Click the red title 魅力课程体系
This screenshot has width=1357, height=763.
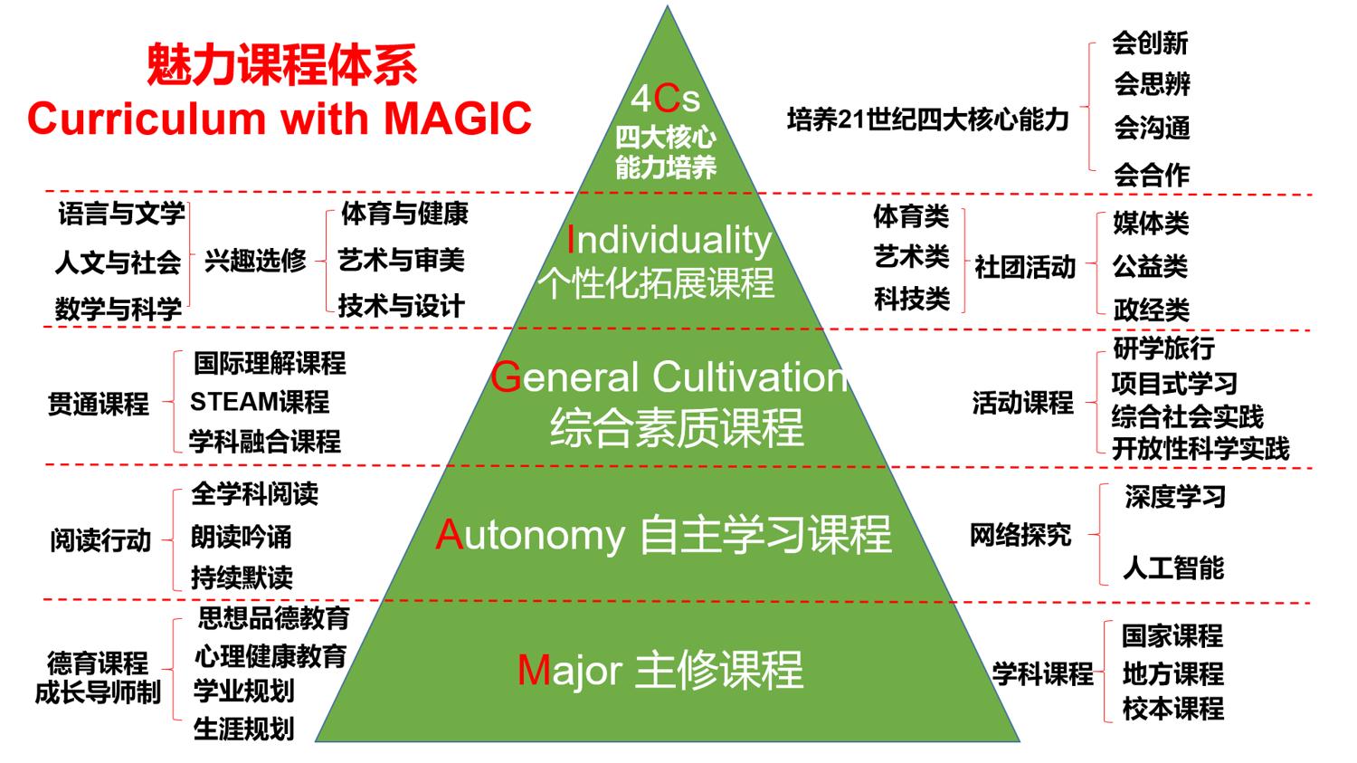click(281, 64)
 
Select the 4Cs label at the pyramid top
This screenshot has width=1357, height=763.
click(665, 98)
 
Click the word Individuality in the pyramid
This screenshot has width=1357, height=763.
click(669, 241)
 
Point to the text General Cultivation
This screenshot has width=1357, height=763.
click(669, 377)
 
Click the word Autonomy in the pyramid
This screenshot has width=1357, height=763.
click(531, 536)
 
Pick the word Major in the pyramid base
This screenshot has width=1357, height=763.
click(570, 671)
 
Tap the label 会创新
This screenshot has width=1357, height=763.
click(1150, 43)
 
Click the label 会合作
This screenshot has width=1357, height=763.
click(1152, 176)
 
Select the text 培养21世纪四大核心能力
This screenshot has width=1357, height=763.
click(927, 119)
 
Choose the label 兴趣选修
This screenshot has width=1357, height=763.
click(255, 261)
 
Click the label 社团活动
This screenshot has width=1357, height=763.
click(1025, 267)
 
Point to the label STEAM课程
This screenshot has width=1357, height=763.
click(260, 402)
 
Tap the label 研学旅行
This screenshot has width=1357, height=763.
click(1163, 348)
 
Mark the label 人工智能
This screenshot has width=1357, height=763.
click(1173, 567)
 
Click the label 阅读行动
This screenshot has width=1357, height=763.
click(100, 540)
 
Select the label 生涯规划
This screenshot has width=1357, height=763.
click(244, 730)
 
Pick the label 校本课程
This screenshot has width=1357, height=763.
click(1172, 709)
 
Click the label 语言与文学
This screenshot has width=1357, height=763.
click(121, 214)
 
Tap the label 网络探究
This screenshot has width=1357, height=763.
click(1020, 535)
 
